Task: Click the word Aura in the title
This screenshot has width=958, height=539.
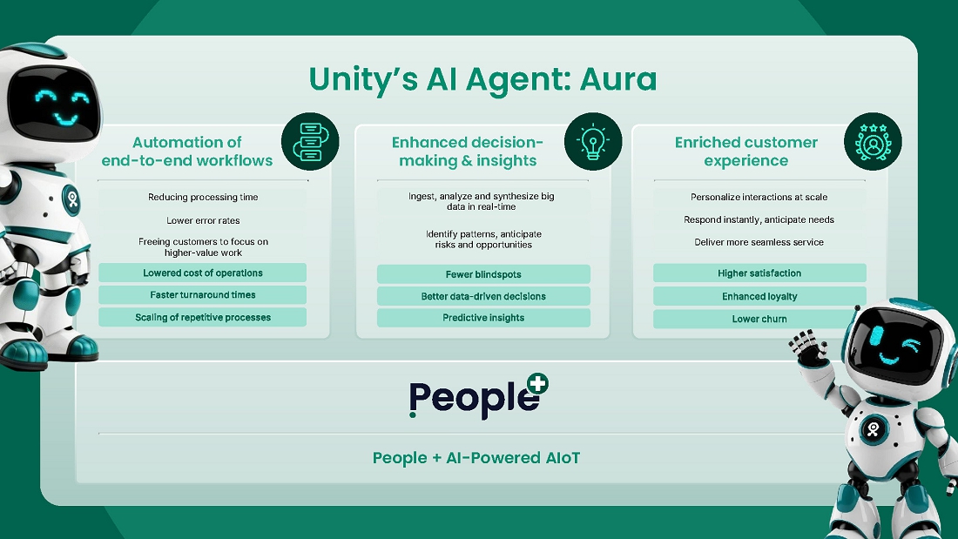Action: click(x=615, y=79)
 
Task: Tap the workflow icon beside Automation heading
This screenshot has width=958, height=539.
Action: click(x=310, y=142)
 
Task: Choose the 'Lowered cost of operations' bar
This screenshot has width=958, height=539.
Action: click(x=202, y=273)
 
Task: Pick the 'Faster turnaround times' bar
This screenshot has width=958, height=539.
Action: click(x=202, y=295)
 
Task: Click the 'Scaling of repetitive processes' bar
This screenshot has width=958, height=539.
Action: click(x=202, y=318)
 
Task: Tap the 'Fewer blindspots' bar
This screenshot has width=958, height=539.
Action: click(x=483, y=274)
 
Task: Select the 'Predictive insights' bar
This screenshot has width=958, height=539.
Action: click(x=483, y=318)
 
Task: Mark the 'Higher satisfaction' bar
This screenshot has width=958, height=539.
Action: click(x=759, y=273)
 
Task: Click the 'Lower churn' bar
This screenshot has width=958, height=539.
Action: click(x=759, y=319)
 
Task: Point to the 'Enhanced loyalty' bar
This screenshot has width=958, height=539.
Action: click(x=759, y=296)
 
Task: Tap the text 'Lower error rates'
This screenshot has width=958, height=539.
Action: click(x=203, y=221)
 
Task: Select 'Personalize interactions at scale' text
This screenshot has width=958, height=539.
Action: click(x=759, y=198)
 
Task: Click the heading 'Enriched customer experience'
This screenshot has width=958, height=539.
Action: click(x=746, y=152)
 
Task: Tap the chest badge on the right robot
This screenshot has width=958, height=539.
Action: click(x=873, y=428)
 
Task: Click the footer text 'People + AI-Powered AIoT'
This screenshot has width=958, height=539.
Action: click(x=476, y=458)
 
